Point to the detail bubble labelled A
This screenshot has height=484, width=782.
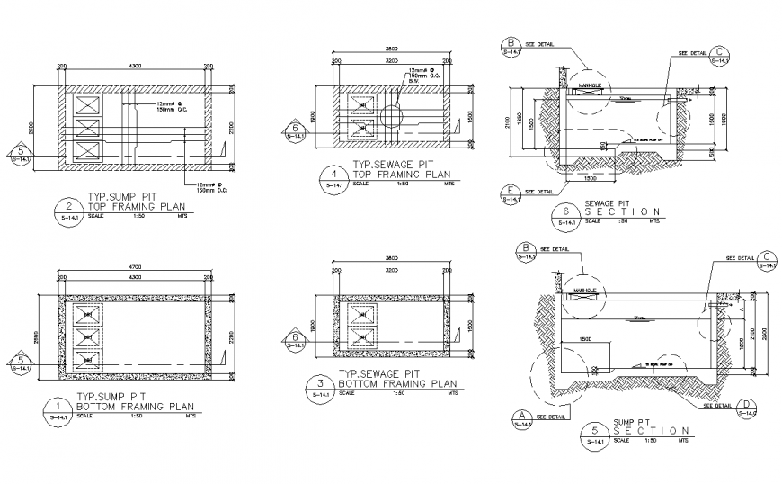click(x=520, y=416)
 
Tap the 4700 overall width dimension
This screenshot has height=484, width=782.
click(x=134, y=267)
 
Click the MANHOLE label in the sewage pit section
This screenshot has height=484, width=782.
click(x=590, y=86)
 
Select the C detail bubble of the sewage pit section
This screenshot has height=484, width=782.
click(x=719, y=56)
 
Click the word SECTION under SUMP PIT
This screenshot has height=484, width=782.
click(x=651, y=431)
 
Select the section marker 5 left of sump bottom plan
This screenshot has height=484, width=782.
click(x=21, y=363)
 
